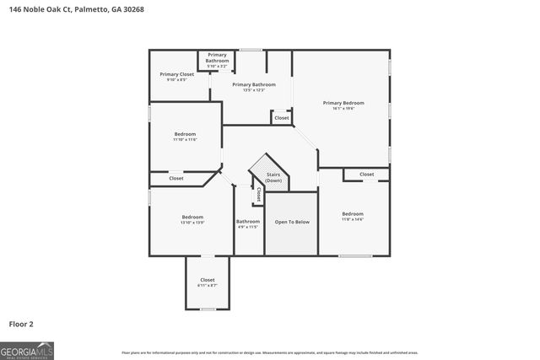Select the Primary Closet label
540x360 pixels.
click(177, 74)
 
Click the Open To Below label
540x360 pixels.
click(292, 222)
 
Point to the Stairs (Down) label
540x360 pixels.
click(273, 177)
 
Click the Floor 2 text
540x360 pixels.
click(22, 323)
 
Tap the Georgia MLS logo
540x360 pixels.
click(27, 349)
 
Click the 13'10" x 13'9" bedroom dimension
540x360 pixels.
click(192, 223)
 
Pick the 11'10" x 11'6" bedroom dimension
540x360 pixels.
click(185, 139)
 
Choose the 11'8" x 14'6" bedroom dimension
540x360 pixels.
click(353, 219)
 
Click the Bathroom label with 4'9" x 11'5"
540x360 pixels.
click(248, 222)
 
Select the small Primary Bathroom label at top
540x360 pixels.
click(218, 57)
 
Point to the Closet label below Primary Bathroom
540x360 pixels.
click(282, 118)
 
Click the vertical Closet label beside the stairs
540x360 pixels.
click(257, 195)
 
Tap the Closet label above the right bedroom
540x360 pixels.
click(367, 175)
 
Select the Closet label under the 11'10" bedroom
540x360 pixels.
click(176, 179)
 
